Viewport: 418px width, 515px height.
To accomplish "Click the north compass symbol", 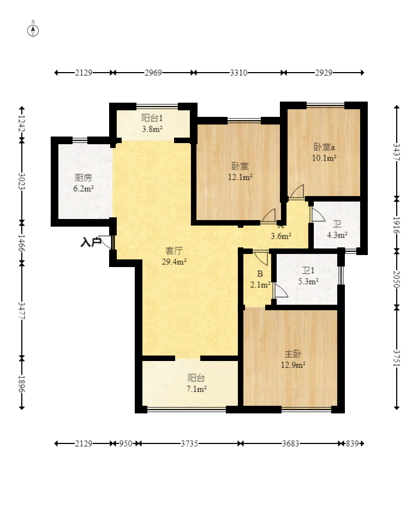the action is (33, 29).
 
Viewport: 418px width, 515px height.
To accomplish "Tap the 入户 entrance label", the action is (91, 242).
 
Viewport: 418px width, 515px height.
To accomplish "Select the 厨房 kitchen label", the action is (83, 177).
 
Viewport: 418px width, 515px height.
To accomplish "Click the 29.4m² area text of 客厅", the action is (174, 262).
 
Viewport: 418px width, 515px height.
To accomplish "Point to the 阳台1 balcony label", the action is (152, 118).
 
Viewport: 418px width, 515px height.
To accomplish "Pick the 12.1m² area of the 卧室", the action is (240, 177).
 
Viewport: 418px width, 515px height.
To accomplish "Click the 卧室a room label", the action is (324, 147).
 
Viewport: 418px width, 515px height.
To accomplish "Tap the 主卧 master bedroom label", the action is (292, 354).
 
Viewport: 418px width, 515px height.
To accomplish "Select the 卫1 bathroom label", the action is (308, 271).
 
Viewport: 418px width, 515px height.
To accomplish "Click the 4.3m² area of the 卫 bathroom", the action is (337, 235).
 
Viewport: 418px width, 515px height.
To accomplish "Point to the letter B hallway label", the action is (260, 274).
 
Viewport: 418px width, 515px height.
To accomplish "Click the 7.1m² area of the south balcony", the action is (196, 389).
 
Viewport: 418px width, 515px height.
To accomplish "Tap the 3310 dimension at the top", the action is (238, 73).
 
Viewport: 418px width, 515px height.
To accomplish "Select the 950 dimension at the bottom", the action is (126, 443).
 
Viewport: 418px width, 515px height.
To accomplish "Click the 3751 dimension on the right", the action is (397, 358).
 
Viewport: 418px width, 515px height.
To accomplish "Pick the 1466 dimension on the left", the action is (22, 243).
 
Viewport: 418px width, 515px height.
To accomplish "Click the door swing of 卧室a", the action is (297, 192).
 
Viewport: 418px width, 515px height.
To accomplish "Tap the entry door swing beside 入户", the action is (106, 242).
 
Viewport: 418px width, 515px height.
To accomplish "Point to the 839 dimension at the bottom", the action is (353, 443).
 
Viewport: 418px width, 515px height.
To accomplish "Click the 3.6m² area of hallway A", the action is (281, 236).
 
